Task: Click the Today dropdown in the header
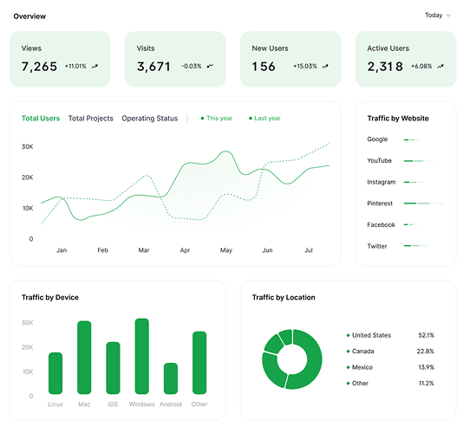[438, 16]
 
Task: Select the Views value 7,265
[39, 67]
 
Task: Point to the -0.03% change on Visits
[192, 66]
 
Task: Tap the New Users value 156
[264, 67]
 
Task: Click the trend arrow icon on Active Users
[440, 66]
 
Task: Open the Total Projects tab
[91, 119]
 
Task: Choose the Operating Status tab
[149, 119]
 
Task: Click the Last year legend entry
[265, 119]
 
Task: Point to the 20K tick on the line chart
[27, 178]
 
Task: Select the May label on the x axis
[226, 250]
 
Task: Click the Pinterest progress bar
[423, 204]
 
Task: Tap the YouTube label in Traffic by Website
[379, 161]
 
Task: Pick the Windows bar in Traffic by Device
[142, 356]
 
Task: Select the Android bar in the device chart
[171, 378]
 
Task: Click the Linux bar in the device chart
[55, 373]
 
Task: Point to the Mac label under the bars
[84, 404]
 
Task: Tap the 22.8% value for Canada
[425, 352]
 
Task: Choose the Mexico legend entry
[360, 367]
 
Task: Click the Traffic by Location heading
[284, 297]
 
